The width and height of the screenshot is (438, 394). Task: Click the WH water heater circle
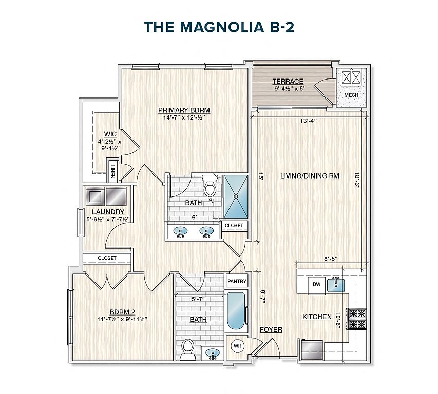pyautogui.click(x=237, y=346)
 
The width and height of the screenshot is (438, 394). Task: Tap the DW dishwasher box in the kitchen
pyautogui.click(x=316, y=285)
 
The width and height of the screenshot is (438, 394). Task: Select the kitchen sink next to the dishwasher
pyautogui.click(x=336, y=285)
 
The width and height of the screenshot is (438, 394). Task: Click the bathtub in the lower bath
pyautogui.click(x=236, y=311)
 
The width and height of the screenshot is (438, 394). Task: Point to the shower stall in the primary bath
pyautogui.click(x=236, y=196)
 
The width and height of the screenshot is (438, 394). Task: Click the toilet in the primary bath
pyautogui.click(x=210, y=186)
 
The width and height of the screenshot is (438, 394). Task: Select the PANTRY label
pyautogui.click(x=237, y=281)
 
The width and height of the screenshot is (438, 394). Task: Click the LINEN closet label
pyautogui.click(x=113, y=172)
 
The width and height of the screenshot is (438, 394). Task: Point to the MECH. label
pyautogui.click(x=351, y=95)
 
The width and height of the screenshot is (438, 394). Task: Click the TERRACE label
pyautogui.click(x=288, y=81)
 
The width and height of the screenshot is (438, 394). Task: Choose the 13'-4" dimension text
pyautogui.click(x=308, y=121)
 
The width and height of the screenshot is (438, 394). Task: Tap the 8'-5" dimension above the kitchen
pyautogui.click(x=331, y=259)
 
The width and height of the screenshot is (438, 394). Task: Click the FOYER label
pyautogui.click(x=271, y=329)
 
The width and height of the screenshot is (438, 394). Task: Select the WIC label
pyautogui.click(x=110, y=134)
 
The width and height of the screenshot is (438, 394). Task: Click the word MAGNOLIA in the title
pyautogui.click(x=222, y=27)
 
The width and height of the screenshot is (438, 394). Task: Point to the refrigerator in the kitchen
pyautogui.click(x=313, y=350)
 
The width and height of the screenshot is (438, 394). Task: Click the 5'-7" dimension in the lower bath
pyautogui.click(x=198, y=299)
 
